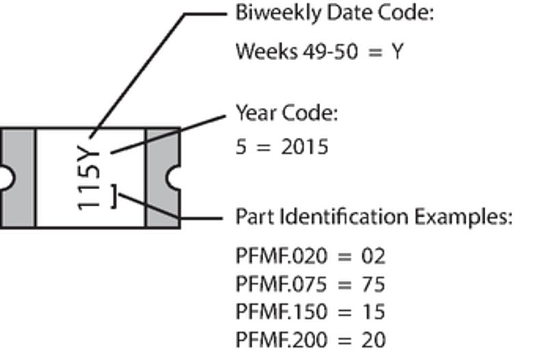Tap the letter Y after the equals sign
tap(397, 52)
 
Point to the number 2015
tap(305, 147)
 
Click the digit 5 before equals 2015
tap(241, 147)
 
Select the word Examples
tap(463, 217)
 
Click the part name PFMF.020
tap(282, 256)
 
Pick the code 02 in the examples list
tap(373, 257)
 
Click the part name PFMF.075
tap(281, 285)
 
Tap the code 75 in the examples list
tap(373, 285)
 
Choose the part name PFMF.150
tap(282, 311)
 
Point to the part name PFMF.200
tap(282, 340)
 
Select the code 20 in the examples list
tap(373, 340)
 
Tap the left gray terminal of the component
tap(17, 178)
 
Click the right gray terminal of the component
tap(163, 178)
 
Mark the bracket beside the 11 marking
tap(114, 196)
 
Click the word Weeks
tap(267, 52)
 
